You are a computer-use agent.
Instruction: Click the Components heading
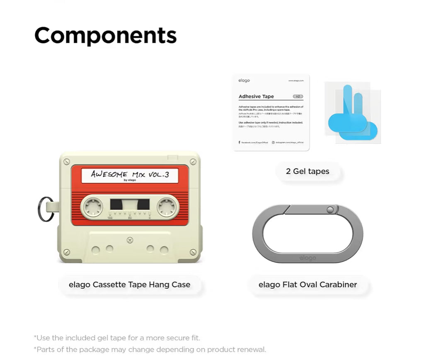[105, 36]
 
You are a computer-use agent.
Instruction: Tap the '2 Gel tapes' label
[308, 171]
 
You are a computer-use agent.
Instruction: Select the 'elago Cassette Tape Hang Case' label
[130, 285]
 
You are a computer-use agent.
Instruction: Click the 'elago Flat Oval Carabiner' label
[308, 285]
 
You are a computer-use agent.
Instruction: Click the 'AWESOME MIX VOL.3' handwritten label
[130, 175]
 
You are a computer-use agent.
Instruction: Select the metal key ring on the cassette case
[44, 209]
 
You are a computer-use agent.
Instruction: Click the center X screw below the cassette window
[130, 239]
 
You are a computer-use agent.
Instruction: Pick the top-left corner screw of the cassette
[67, 162]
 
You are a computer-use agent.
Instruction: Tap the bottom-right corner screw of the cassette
[193, 252]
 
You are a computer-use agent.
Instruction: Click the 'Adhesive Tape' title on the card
[256, 97]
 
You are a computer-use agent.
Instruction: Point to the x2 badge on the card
[298, 97]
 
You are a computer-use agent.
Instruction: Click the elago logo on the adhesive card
[244, 80]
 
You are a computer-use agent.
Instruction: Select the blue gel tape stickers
[353, 113]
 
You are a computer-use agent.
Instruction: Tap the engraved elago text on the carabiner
[308, 258]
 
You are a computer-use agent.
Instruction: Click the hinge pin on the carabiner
[330, 210]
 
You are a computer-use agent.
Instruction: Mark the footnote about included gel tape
[117, 338]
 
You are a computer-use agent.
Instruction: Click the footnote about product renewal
[150, 349]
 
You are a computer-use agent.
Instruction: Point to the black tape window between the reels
[130, 204]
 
